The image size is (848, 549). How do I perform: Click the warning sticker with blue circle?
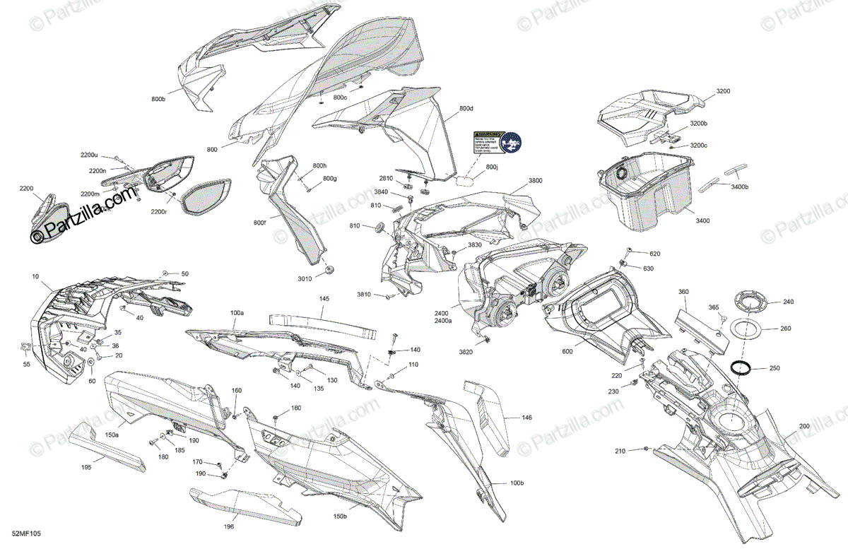(497, 143)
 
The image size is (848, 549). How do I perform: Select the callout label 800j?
(492, 167)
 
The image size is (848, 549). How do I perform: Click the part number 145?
(324, 299)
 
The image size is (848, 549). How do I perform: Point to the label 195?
(86, 467)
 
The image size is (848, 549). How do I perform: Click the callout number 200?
(803, 426)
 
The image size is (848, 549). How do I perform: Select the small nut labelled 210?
(647, 449)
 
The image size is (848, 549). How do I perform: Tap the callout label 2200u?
(89, 155)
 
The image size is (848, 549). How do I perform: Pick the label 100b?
(517, 483)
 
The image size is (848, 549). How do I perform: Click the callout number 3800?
(536, 181)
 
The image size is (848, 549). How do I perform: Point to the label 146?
(526, 418)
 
